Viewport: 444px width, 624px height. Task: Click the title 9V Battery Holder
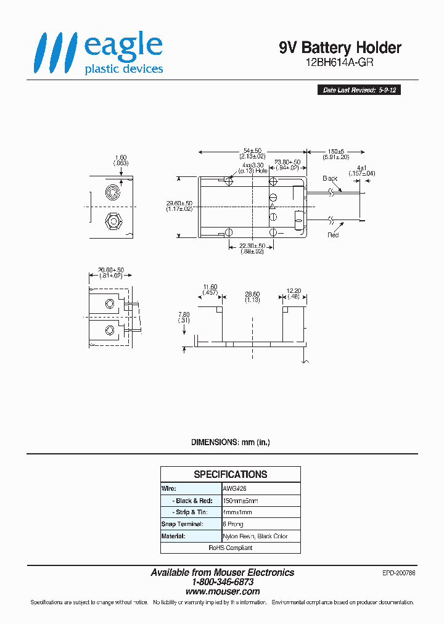(x=340, y=47)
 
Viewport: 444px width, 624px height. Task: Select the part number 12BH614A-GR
(x=340, y=62)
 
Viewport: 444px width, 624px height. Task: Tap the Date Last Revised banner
(x=359, y=90)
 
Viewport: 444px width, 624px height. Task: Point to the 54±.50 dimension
(x=252, y=150)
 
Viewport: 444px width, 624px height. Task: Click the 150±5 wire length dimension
(x=336, y=150)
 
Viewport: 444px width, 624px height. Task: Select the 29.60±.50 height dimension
(x=179, y=203)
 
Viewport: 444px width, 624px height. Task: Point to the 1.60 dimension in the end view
(x=121, y=157)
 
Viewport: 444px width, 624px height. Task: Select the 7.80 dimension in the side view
(x=184, y=314)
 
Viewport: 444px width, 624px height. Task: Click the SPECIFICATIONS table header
(x=231, y=474)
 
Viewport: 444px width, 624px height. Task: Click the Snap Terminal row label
(x=182, y=524)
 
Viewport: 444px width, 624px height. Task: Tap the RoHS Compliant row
(x=231, y=548)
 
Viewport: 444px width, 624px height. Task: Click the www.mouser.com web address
(x=223, y=591)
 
